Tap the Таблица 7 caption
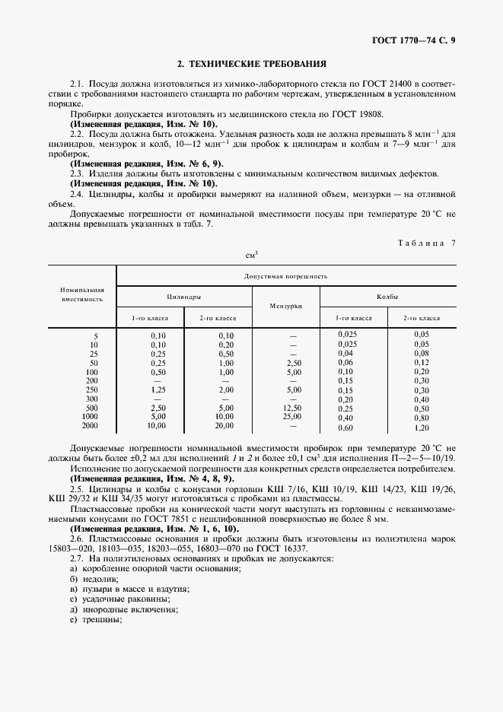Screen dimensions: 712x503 click(426, 243)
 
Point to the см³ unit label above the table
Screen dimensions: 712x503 click(251, 255)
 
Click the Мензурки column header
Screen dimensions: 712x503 click(285, 306)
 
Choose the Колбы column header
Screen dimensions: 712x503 click(387, 297)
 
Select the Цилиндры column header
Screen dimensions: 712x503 click(183, 297)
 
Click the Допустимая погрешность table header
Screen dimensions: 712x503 click(285, 277)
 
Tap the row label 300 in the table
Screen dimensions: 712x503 click(92, 399)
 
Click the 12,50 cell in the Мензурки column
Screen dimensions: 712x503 click(293, 408)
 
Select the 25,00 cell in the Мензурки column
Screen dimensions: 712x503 click(293, 417)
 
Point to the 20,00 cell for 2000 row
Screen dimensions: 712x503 click(224, 426)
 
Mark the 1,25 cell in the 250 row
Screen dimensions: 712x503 click(158, 389)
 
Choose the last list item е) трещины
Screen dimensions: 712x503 click(96, 619)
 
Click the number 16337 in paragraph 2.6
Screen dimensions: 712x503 click(294, 548)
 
